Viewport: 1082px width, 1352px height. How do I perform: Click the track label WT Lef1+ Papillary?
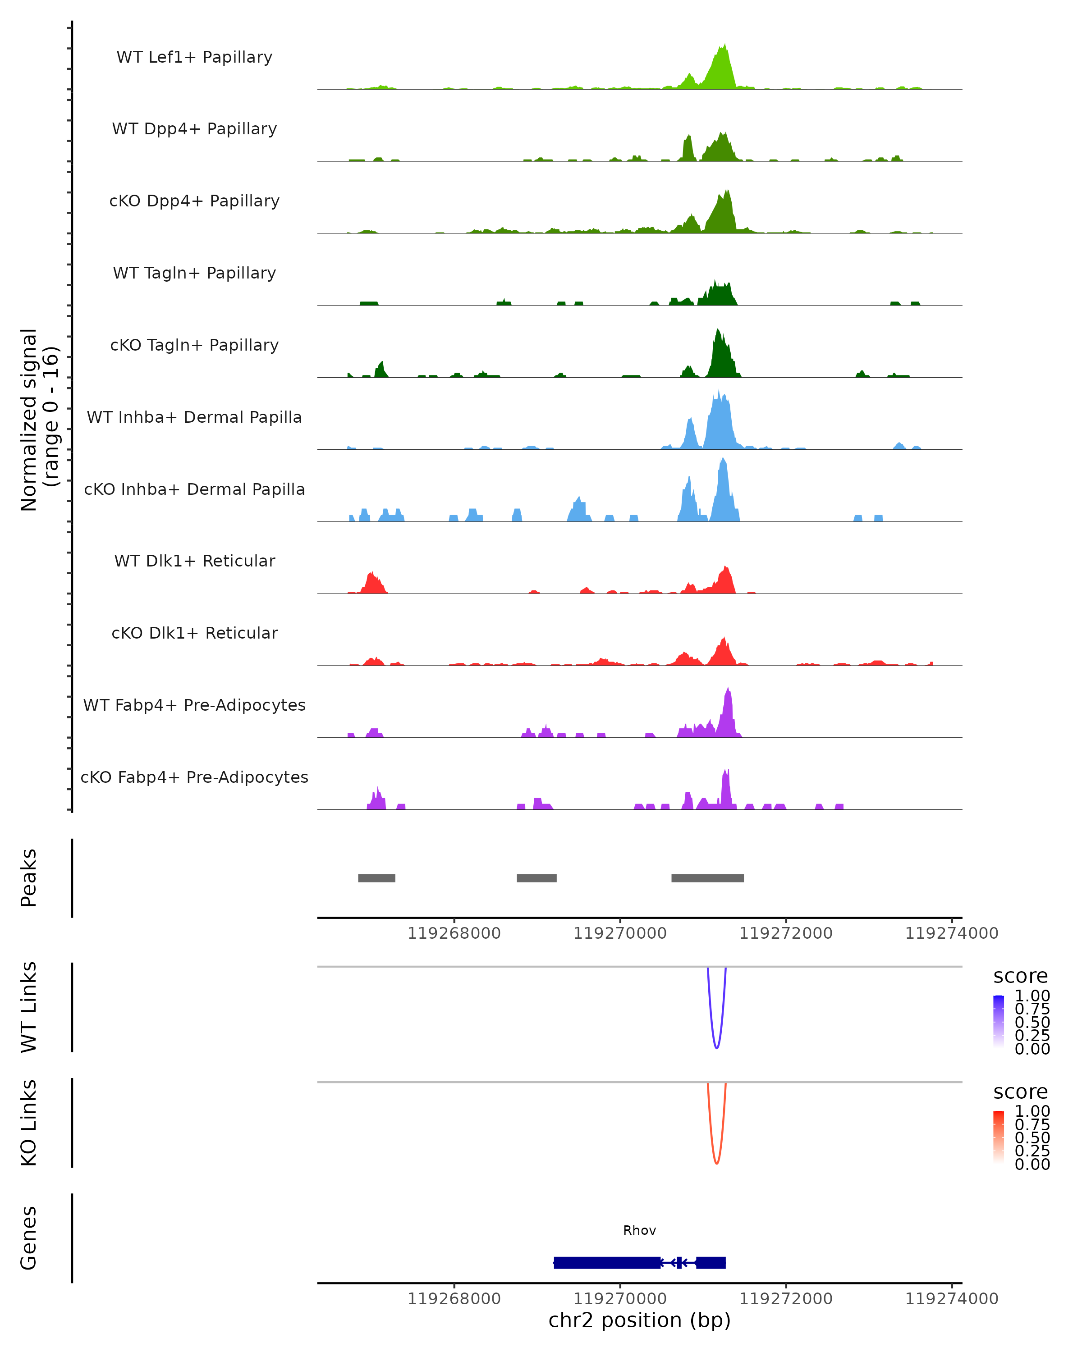[194, 57]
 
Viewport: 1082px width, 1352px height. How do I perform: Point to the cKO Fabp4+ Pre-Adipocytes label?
[194, 777]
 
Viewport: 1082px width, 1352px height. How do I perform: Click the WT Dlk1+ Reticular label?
[194, 561]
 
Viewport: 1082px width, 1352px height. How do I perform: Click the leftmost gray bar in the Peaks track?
[376, 878]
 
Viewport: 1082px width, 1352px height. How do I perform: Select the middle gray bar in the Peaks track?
[536, 878]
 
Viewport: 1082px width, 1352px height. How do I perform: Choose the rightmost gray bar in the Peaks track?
[707, 878]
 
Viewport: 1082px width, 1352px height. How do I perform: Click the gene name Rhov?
[639, 1230]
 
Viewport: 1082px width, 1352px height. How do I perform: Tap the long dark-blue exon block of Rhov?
[607, 1262]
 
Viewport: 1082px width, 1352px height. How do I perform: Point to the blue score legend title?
[1021, 977]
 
